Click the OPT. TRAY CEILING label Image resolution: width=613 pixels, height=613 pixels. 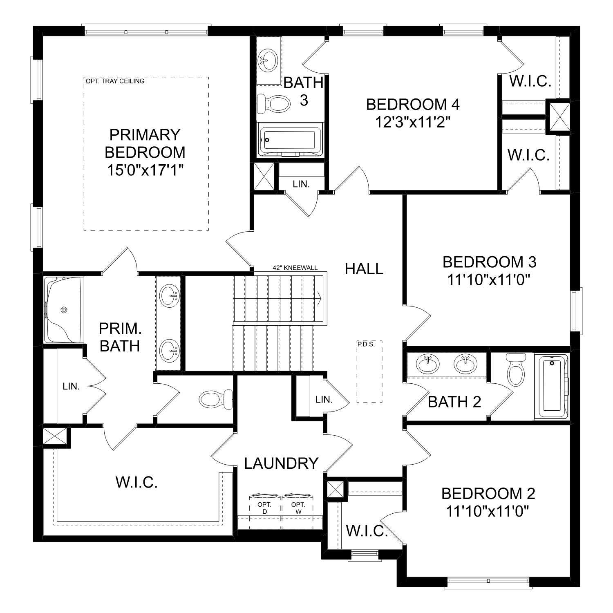[115, 81]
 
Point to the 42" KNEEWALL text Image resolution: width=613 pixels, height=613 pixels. [295, 268]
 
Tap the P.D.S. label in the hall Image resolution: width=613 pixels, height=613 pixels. [366, 344]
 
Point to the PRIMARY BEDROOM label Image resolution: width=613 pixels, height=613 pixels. [145, 143]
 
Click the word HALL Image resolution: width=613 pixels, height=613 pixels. [364, 269]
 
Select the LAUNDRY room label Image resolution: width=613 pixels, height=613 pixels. [281, 463]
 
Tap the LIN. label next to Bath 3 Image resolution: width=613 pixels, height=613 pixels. [301, 184]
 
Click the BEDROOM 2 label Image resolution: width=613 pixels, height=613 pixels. [488, 494]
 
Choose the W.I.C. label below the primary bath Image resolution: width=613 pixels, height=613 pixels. [136, 483]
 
